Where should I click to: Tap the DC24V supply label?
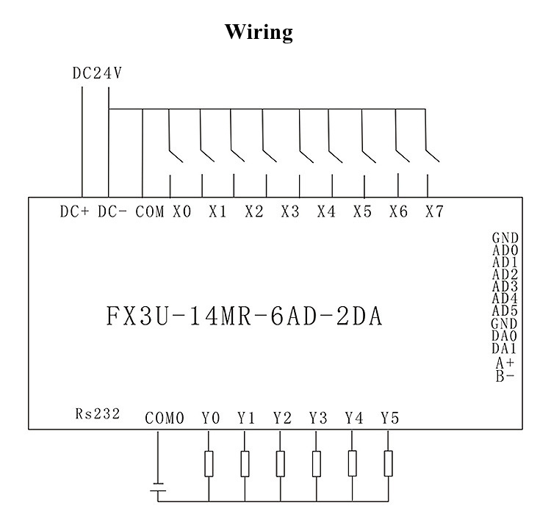[96, 73]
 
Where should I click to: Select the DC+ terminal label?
[74, 211]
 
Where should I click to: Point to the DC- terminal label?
[112, 211]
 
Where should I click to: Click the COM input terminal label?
[150, 211]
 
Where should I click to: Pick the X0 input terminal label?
[182, 211]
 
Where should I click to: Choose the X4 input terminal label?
[326, 211]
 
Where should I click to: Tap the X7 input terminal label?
[434, 211]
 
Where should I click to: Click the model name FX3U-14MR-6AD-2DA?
[245, 317]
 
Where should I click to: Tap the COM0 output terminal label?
[164, 418]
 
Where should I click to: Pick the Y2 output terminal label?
[282, 418]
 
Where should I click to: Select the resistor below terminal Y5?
[389, 463]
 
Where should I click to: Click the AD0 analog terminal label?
[505, 250]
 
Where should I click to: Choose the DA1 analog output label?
[504, 348]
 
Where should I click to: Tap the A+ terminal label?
[505, 362]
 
